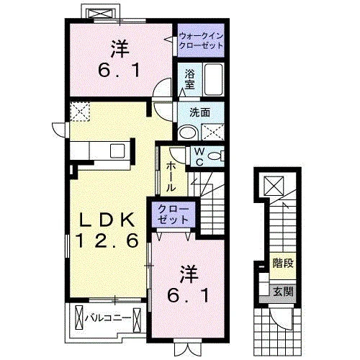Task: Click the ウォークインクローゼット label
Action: click(x=201, y=41)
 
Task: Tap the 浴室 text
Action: click(x=189, y=79)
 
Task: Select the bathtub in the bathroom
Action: click(x=213, y=79)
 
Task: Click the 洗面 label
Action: click(x=200, y=112)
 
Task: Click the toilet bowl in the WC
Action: click(x=215, y=156)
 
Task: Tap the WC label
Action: click(x=199, y=157)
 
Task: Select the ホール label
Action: click(x=171, y=176)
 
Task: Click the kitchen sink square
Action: click(x=117, y=151)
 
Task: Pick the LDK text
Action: click(x=107, y=220)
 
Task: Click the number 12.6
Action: click(x=107, y=240)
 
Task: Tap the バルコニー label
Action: click(x=108, y=318)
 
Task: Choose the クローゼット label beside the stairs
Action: click(x=174, y=214)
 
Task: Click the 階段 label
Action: click(x=283, y=264)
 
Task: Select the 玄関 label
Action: click(x=283, y=292)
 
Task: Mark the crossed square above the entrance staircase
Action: click(x=274, y=186)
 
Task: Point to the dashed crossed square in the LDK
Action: click(x=80, y=111)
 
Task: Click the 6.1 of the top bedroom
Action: click(x=119, y=71)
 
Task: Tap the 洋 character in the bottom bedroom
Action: click(x=189, y=274)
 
